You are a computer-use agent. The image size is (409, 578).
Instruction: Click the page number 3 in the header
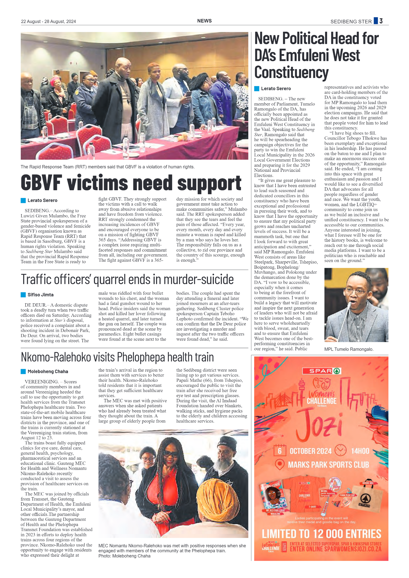coord(381,21)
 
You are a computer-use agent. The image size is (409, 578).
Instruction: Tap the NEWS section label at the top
coord(204,21)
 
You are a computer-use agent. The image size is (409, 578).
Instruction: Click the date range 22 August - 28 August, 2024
coord(48,22)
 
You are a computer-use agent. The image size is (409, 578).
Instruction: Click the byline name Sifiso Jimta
coord(41,295)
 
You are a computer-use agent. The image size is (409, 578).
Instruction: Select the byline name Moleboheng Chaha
coord(48,371)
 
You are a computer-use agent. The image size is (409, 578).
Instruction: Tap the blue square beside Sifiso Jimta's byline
coord(23,295)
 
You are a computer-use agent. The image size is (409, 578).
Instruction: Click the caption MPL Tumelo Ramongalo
coord(349,349)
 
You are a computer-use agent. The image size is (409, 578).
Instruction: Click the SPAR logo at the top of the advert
coord(321,371)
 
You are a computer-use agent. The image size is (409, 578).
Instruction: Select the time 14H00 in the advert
coord(360,451)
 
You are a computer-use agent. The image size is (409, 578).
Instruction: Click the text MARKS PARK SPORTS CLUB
coord(328,465)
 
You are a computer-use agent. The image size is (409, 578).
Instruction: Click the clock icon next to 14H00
coord(340,450)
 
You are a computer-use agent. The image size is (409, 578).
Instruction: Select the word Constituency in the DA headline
coord(291,72)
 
